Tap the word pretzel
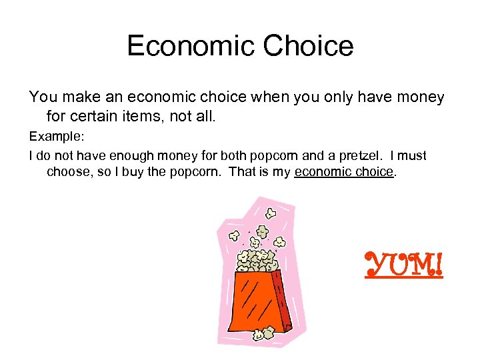click(x=355, y=156)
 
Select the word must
click(x=412, y=156)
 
